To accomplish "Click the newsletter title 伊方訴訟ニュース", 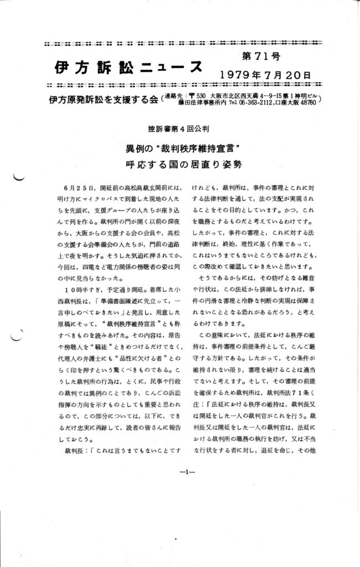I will (128, 66).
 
